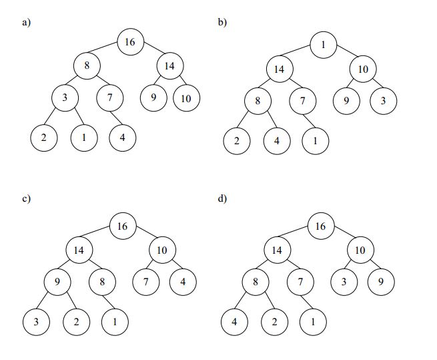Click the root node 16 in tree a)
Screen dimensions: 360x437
click(129, 42)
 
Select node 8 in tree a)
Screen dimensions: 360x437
click(87, 65)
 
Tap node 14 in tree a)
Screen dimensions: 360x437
click(169, 65)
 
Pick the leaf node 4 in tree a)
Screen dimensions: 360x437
click(123, 138)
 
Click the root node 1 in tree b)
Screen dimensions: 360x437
click(323, 45)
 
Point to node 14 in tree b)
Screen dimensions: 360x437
click(279, 69)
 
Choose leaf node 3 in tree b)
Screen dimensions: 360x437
click(384, 100)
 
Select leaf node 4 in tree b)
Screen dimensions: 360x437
click(277, 141)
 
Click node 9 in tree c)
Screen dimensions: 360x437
click(57, 281)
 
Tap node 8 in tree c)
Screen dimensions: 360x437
click(102, 281)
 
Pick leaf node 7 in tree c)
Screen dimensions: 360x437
click(145, 281)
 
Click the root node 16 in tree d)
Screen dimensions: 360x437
click(320, 226)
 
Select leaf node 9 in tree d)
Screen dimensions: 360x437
click(380, 281)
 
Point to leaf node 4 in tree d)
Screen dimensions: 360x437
click(234, 321)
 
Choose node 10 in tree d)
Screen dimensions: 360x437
click(360, 250)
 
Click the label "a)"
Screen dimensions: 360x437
click(26, 22)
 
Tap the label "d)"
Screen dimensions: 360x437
click(223, 198)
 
